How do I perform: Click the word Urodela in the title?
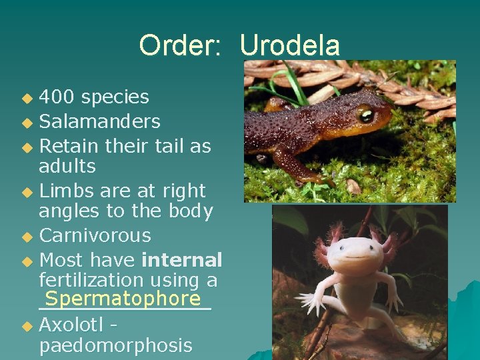tap(289, 45)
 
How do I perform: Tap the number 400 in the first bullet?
tap(57, 97)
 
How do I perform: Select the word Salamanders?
tap(99, 121)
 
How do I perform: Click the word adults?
tap(67, 166)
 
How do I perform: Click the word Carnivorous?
tap(95, 235)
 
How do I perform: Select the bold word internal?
tap(182, 259)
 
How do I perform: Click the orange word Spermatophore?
tap(123, 299)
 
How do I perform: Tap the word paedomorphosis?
tap(115, 345)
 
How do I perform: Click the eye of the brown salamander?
tap(366, 115)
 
